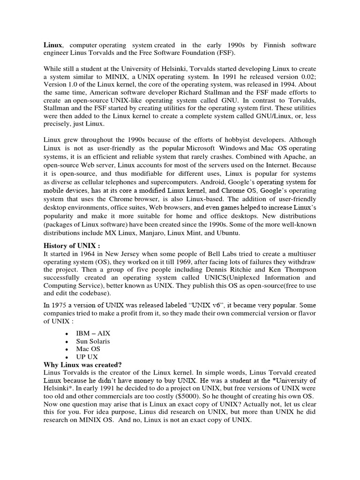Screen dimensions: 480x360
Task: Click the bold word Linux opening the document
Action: pyautogui.click(x=52, y=45)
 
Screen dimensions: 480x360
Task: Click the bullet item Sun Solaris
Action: pyautogui.click(x=93, y=341)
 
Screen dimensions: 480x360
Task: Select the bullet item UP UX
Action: pyautogui.click(x=87, y=357)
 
